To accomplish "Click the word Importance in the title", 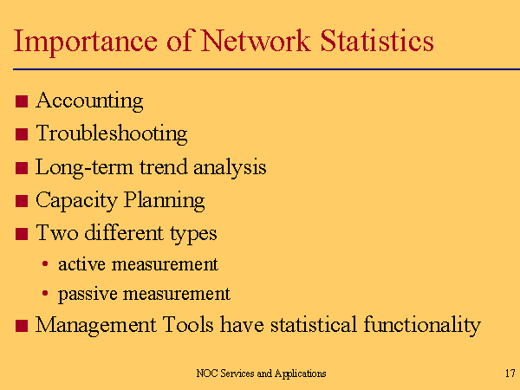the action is (x=86, y=42).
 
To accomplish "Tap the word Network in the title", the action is (x=256, y=41).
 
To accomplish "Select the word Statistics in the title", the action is (x=377, y=41).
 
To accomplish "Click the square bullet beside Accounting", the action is (x=22, y=101).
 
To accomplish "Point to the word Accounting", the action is (x=89, y=101).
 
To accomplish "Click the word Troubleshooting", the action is (x=112, y=134).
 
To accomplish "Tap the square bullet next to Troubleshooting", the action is (x=22, y=134).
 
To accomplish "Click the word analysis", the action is (x=230, y=167).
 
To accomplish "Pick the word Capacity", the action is (x=76, y=201).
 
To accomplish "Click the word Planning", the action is (x=165, y=201).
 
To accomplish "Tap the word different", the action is (x=124, y=232).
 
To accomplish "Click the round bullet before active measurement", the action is (x=45, y=264).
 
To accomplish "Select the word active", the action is (x=82, y=264).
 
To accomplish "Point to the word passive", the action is (x=88, y=295).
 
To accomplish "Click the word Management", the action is (x=96, y=325).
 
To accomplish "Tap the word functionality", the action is (x=422, y=325).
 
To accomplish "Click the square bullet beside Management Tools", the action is (x=22, y=326).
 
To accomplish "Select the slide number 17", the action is (x=510, y=374).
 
